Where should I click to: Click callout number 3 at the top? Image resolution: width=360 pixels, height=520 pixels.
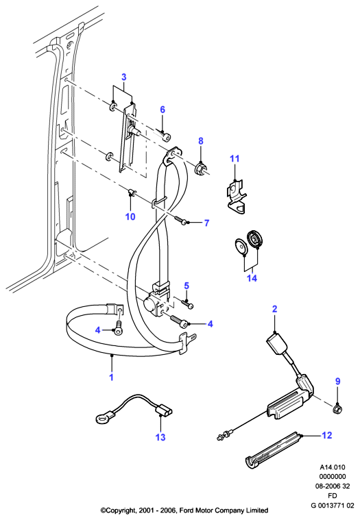tap(123, 77)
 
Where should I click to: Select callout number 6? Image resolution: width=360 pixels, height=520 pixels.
tap(163, 110)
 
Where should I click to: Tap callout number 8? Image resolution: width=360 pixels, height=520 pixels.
tap(201, 141)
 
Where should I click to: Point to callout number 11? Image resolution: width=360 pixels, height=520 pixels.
tap(235, 158)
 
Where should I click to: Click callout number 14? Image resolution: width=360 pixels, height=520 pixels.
tap(252, 278)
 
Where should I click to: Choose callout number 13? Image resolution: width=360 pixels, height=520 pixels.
tap(160, 437)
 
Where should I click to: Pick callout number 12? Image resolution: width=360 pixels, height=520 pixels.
tap(327, 435)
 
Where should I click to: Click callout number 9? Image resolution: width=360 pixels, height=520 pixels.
tap(338, 381)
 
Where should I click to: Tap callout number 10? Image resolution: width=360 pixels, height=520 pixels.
tap(130, 216)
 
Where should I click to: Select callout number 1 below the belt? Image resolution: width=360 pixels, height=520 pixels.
tap(112, 377)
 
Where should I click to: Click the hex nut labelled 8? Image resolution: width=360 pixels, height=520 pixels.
tap(200, 169)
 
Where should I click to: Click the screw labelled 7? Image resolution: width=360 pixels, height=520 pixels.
tap(180, 220)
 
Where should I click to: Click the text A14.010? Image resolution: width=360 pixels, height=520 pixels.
tap(333, 467)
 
